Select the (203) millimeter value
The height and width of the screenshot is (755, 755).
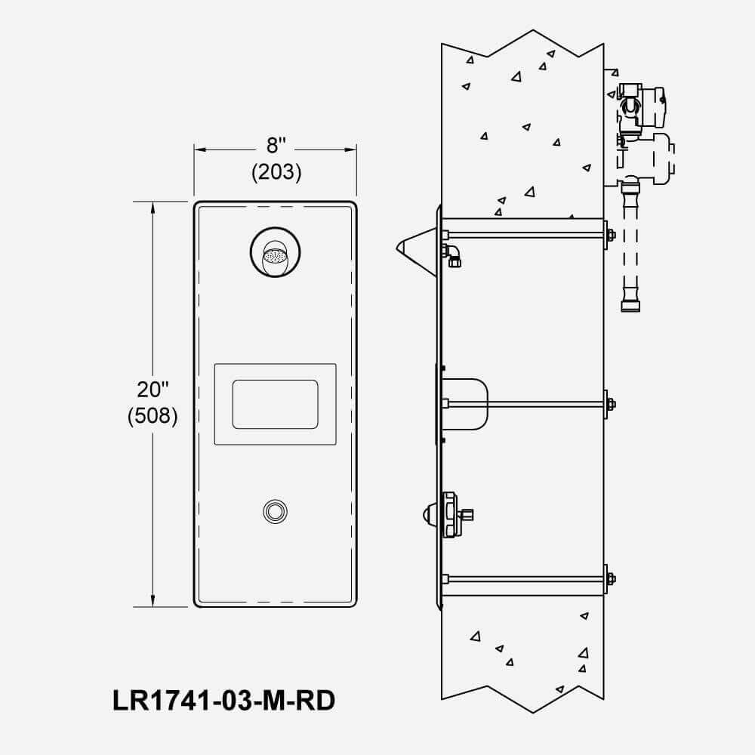(276, 172)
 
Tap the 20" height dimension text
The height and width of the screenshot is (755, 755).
(153, 390)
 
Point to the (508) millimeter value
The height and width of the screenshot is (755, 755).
(153, 416)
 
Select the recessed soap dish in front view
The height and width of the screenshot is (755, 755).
(275, 404)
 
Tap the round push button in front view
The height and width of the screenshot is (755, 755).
(275, 511)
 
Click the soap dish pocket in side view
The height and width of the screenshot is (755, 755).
(464, 403)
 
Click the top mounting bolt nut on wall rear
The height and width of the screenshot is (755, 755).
(610, 235)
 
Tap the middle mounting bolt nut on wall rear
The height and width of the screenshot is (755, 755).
(610, 403)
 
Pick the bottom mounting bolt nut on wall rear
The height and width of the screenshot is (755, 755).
(610, 579)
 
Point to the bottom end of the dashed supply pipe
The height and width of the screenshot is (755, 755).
(630, 306)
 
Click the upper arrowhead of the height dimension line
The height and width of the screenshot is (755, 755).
(153, 208)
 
